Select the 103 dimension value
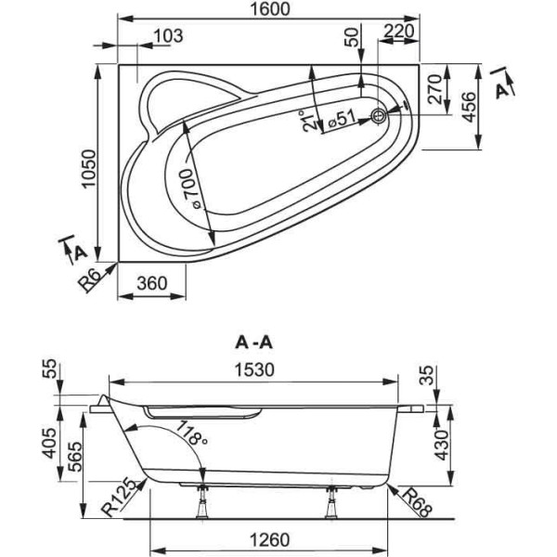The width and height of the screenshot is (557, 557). pyautogui.click(x=167, y=36)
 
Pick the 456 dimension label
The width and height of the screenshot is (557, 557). pyautogui.click(x=471, y=108)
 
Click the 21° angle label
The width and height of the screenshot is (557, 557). pyautogui.click(x=310, y=122)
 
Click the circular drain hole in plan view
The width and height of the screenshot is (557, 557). pyautogui.click(x=380, y=116)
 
